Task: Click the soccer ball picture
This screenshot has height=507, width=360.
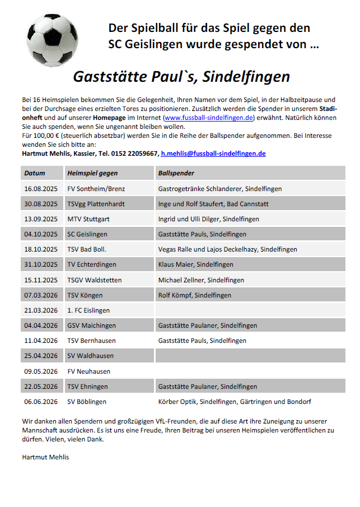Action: [53, 40]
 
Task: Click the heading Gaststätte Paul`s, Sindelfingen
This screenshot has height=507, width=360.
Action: [181, 76]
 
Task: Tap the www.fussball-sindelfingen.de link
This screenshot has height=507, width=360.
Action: [209, 118]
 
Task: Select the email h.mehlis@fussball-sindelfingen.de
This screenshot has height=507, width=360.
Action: [213, 153]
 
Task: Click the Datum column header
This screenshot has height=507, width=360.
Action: [35, 173]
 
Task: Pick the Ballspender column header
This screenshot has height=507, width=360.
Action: [177, 173]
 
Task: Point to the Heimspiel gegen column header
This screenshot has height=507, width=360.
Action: [92, 173]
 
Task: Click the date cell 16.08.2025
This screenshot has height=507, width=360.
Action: [41, 189]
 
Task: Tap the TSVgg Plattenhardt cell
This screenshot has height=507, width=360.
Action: [96, 204]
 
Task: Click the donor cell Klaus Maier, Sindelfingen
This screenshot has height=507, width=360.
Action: [195, 264]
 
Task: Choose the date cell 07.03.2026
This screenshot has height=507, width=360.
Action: [41, 295]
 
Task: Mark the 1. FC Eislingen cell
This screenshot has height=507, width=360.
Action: [88, 310]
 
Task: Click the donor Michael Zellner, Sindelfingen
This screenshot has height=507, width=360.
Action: [201, 280]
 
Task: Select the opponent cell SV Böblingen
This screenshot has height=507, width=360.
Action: [87, 402]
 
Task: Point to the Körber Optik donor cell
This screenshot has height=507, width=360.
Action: [235, 402]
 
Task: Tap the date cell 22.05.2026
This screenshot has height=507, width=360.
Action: [41, 387]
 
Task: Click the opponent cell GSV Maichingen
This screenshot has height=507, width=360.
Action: [91, 325]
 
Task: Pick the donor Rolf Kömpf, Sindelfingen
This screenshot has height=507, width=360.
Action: [195, 295]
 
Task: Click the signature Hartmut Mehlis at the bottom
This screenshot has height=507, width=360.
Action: [45, 457]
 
